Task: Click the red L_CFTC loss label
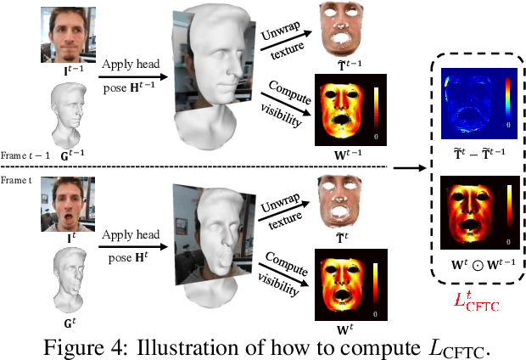[478, 298]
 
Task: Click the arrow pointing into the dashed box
[411, 166]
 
